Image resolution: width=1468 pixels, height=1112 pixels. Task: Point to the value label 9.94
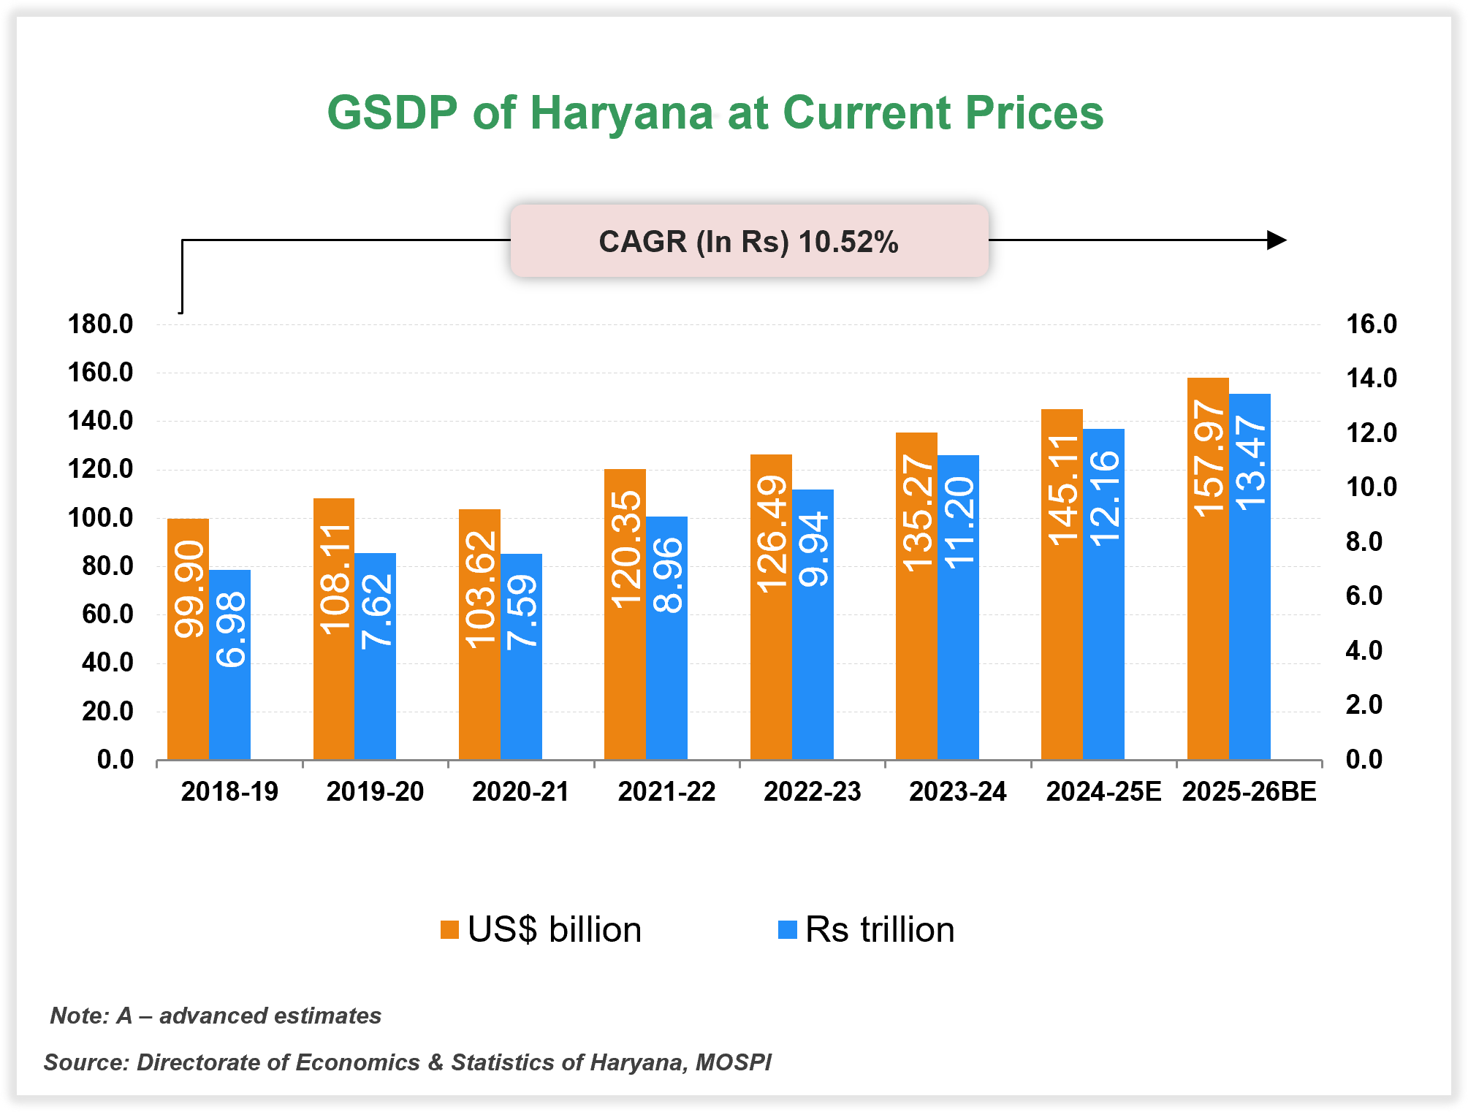[813, 549]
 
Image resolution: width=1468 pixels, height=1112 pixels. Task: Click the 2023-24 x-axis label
[957, 792]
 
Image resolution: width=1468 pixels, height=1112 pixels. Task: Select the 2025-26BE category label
[1249, 792]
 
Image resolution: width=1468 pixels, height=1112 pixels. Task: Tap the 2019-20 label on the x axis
[375, 792]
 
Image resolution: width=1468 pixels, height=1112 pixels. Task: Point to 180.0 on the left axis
[101, 324]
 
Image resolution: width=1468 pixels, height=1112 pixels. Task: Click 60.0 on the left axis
[107, 614]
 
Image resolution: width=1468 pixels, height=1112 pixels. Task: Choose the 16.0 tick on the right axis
[1371, 324]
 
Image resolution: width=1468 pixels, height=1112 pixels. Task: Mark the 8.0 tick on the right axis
[1364, 542]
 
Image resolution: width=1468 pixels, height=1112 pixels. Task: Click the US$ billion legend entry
[541, 930]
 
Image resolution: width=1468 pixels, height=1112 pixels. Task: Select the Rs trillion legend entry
[867, 930]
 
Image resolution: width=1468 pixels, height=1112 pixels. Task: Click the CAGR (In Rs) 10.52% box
[749, 241]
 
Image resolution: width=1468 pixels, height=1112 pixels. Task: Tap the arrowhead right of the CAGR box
[1276, 240]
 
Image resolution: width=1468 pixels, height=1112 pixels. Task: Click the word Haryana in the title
[620, 113]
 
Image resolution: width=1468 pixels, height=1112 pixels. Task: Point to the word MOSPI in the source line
[733, 1062]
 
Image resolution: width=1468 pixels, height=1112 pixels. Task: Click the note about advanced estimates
[216, 1016]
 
